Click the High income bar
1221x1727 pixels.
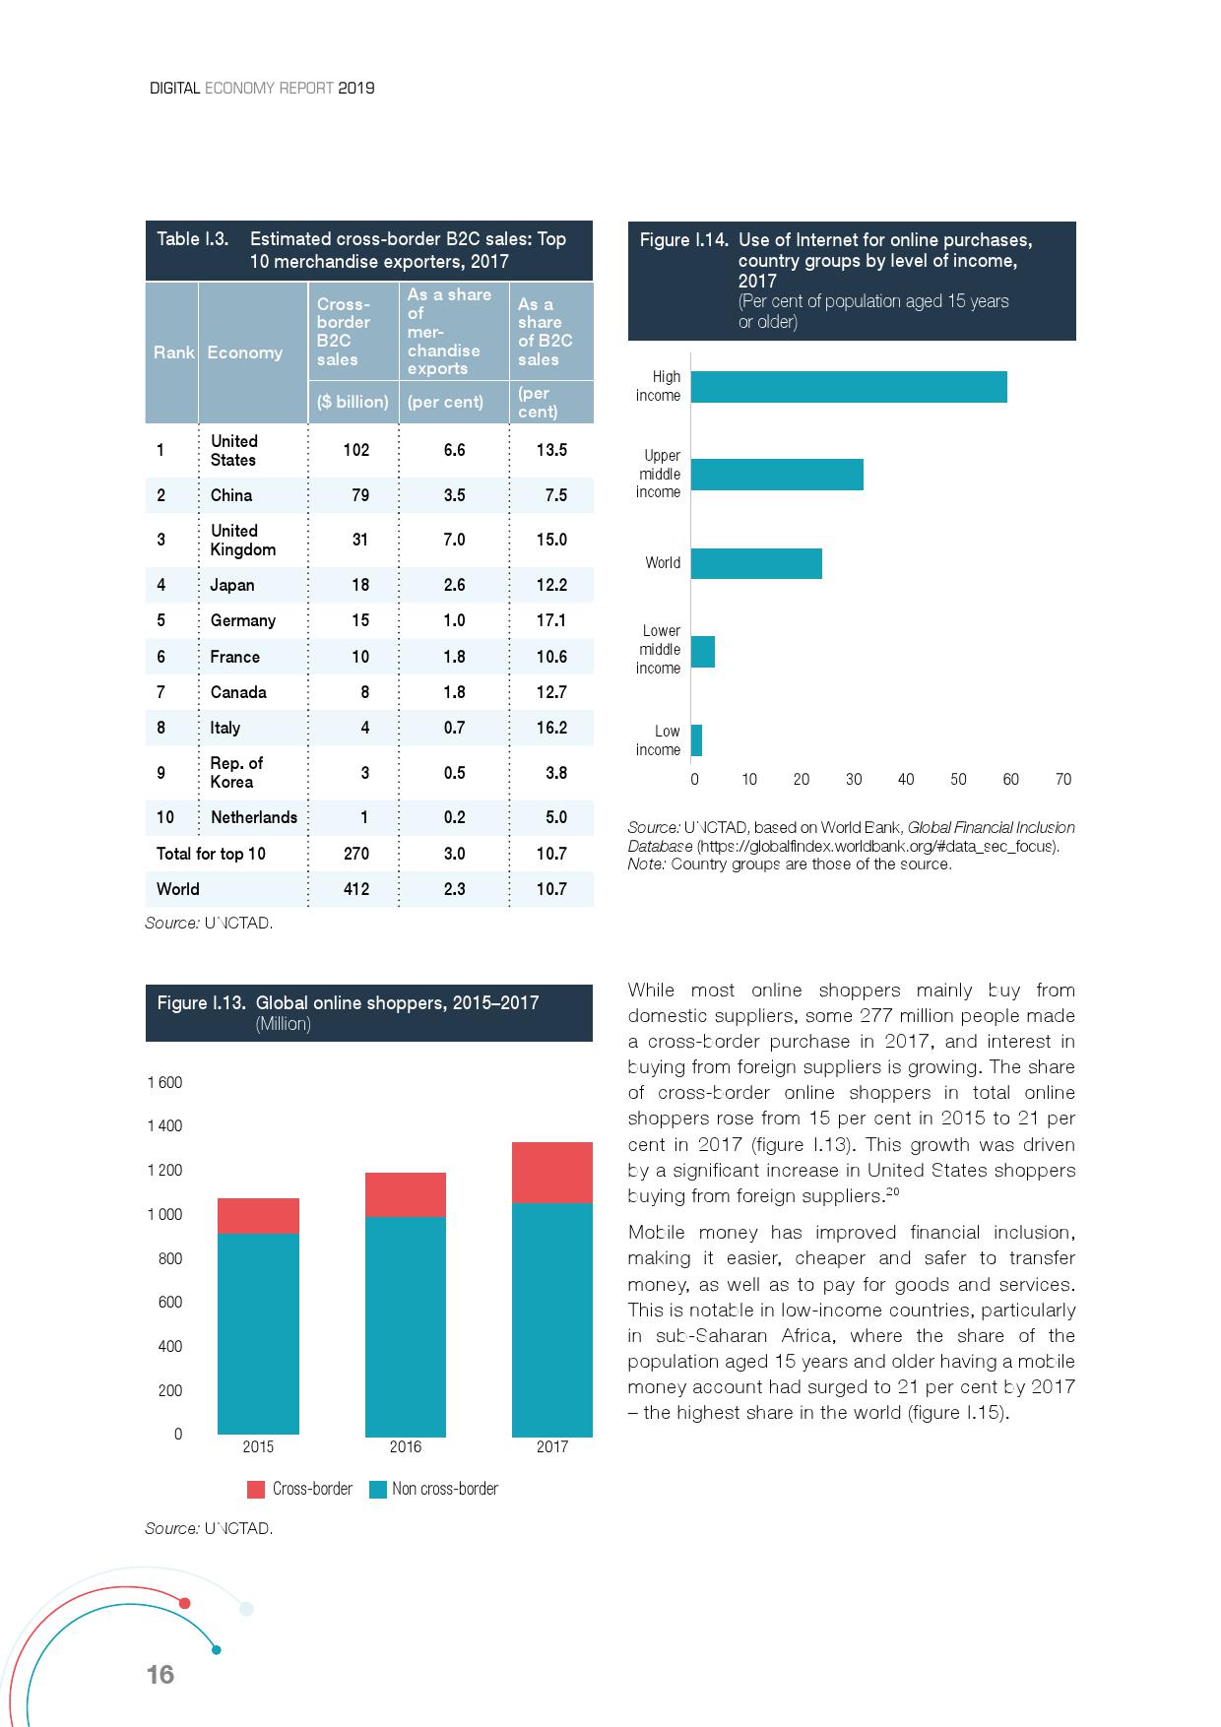849,387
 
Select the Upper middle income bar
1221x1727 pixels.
777,475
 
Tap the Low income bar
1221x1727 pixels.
696,740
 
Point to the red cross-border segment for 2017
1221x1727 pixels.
551,1173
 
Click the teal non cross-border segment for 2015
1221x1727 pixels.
258,1333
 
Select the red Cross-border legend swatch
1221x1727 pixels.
256,1489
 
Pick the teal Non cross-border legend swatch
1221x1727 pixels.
377,1489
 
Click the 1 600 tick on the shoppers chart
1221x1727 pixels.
164,1082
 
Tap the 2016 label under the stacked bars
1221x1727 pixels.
405,1446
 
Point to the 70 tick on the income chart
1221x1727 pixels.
1062,779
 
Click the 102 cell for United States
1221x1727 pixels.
356,450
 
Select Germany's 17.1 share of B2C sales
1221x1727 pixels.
551,620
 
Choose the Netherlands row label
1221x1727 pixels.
253,817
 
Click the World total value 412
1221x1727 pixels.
356,889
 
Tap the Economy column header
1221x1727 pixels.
244,352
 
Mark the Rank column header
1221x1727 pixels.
173,352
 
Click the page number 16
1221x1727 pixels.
160,1674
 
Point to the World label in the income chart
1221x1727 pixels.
663,563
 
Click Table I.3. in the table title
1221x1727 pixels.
193,239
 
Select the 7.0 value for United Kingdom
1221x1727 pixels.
454,540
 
